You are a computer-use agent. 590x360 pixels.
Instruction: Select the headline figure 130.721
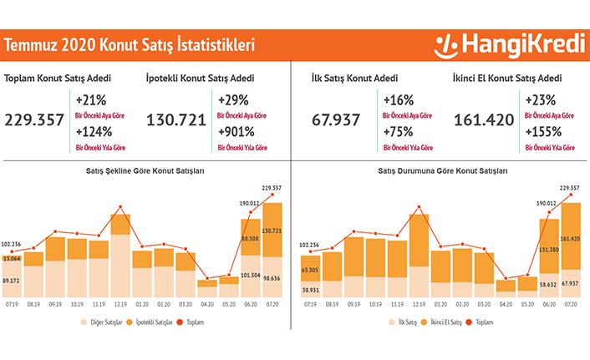coord(175,119)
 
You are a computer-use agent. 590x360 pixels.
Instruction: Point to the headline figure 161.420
coord(484,119)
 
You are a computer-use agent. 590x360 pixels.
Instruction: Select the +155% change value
coord(543,132)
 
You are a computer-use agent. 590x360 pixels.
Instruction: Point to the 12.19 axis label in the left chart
coord(121,306)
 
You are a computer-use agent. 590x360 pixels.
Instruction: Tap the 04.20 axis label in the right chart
coord(506,306)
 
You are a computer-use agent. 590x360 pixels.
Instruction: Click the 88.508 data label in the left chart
coord(251,238)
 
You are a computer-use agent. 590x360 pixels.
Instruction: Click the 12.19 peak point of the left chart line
coord(121,206)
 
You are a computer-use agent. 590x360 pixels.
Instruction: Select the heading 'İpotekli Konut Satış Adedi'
coord(200,79)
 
